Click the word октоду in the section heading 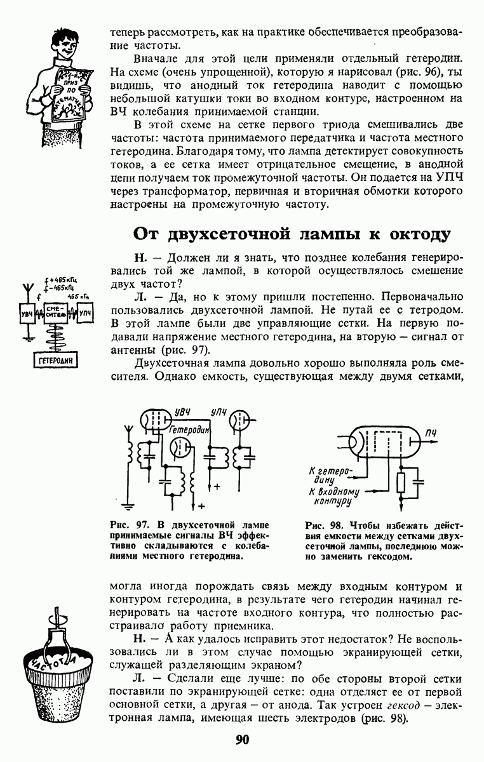click(x=415, y=234)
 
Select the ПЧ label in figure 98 click(x=433, y=433)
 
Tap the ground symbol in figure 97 click(x=130, y=507)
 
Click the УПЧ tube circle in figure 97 click(x=239, y=420)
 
